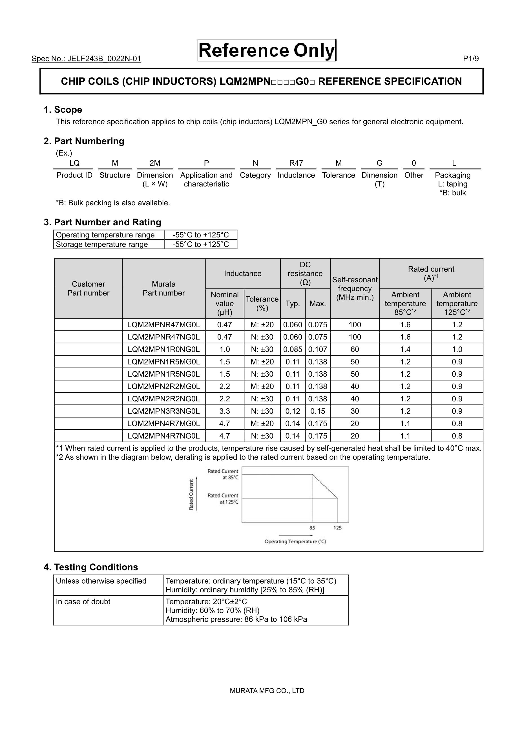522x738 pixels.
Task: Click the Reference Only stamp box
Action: (267, 50)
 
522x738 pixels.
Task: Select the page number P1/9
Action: (470, 59)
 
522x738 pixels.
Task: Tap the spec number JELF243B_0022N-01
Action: (86, 59)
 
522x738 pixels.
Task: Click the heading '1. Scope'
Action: (63, 110)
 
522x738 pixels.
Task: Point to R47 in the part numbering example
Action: (296, 163)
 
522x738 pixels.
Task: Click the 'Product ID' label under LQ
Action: (74, 175)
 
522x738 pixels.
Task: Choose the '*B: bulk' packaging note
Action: (453, 193)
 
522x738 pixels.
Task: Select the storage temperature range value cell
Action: (201, 244)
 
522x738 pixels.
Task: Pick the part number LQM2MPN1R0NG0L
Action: (163, 349)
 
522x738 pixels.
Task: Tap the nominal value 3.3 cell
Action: (224, 411)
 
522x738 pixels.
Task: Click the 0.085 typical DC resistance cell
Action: (292, 349)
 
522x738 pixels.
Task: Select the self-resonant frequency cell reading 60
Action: (355, 349)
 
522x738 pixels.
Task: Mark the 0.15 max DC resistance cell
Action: (317, 411)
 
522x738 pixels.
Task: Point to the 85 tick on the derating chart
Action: (312, 528)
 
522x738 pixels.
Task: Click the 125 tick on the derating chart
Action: (337, 528)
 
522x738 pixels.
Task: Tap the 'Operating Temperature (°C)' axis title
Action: (295, 542)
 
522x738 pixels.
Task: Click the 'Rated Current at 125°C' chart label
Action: (223, 499)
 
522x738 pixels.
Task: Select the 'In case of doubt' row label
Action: (83, 602)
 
